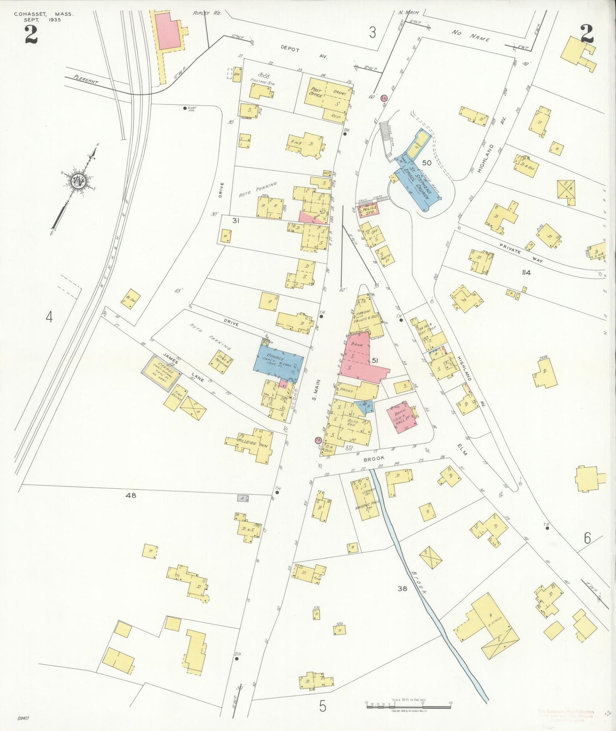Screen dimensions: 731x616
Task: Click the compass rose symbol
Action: click(x=78, y=181)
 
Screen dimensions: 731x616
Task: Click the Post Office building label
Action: click(x=316, y=92)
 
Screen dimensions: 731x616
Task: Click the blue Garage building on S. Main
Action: click(x=278, y=362)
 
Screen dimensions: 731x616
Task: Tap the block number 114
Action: click(x=526, y=273)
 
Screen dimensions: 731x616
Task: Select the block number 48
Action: click(x=130, y=496)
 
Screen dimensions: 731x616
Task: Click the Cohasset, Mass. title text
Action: click(x=43, y=14)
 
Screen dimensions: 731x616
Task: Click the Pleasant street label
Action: click(x=85, y=80)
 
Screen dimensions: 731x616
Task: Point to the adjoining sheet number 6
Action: click(x=587, y=539)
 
